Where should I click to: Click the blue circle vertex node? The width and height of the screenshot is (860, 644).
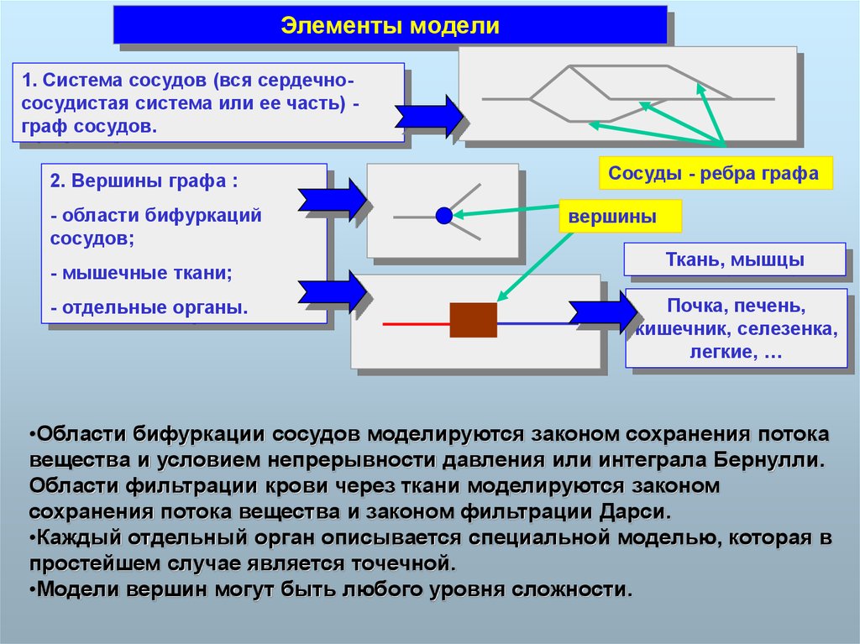444,216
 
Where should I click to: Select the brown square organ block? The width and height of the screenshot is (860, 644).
473,320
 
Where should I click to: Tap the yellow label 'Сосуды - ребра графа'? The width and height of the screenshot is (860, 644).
713,174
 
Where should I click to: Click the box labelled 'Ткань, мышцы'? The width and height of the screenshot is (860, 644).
733,260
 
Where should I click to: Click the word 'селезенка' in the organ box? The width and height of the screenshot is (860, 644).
789,328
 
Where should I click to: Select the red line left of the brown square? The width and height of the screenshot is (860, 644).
416,322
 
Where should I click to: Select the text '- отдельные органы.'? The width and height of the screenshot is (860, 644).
149,308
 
